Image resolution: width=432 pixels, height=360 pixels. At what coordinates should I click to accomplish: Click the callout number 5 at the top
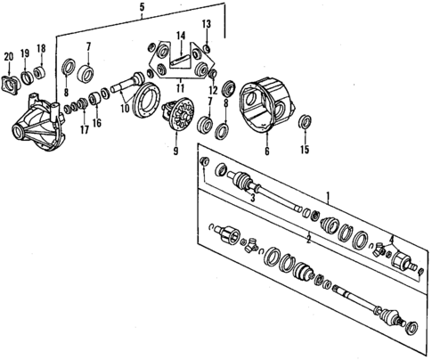tap(141, 9)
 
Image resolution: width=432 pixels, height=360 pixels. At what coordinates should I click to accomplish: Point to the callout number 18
tap(40, 50)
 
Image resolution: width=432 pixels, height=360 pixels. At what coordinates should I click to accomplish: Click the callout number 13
tap(206, 24)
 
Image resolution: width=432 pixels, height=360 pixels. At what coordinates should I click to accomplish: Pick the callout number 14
tap(180, 37)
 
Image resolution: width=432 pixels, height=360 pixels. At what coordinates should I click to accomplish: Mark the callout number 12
tap(213, 89)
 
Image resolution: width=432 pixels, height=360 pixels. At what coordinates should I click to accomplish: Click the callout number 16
tap(97, 122)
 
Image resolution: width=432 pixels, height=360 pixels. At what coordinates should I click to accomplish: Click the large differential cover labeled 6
tap(267, 102)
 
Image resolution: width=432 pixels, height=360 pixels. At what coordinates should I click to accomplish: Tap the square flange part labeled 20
tap(10, 86)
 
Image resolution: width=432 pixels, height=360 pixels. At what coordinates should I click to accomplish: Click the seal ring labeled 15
tap(306, 120)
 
